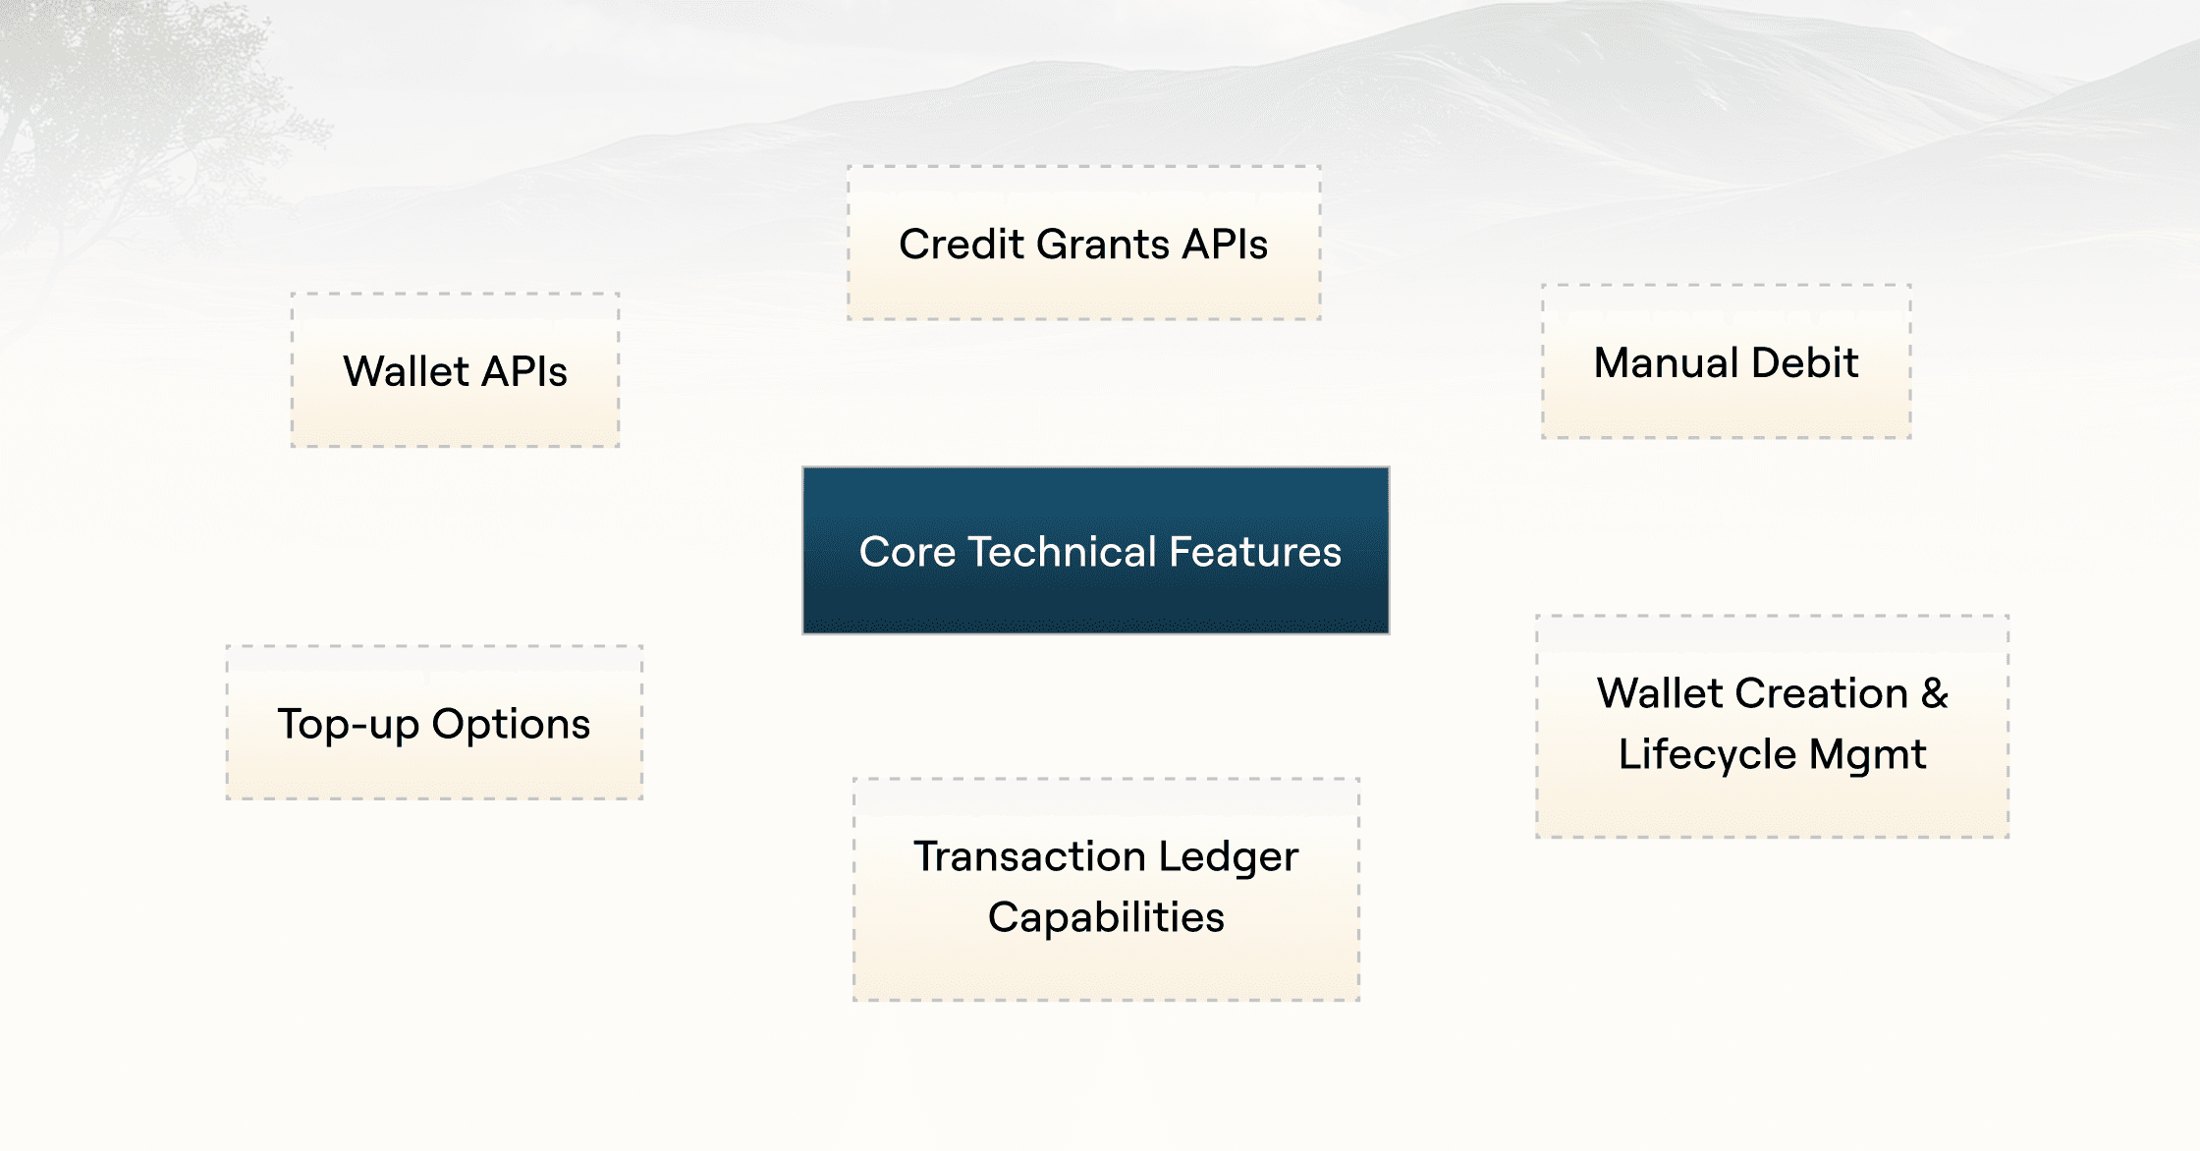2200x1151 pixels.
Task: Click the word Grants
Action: [1102, 245]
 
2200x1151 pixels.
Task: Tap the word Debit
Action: [1805, 363]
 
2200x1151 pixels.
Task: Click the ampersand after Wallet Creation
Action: [1934, 693]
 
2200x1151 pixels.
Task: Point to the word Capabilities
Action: [1106, 918]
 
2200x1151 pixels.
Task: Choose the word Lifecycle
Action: [1707, 755]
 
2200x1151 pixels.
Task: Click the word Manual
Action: [1666, 363]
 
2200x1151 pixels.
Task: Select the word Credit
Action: [962, 245]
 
